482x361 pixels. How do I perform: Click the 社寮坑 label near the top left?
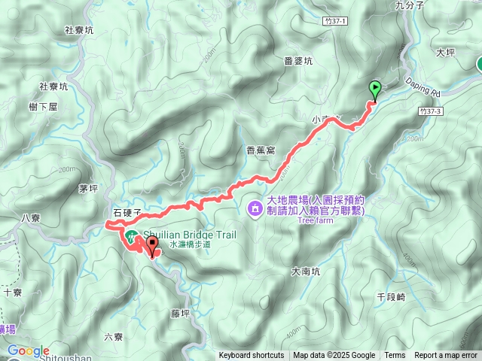point(79,31)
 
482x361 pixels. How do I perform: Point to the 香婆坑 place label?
point(299,62)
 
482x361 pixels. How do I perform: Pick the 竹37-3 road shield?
point(429,111)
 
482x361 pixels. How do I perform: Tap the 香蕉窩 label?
point(261,150)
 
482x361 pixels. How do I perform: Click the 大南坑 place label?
point(306,271)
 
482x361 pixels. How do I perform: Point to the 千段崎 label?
point(391,297)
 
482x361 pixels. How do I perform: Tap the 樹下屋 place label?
point(44,107)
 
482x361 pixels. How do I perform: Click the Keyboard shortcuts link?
point(252,356)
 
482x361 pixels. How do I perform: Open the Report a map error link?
point(447,356)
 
